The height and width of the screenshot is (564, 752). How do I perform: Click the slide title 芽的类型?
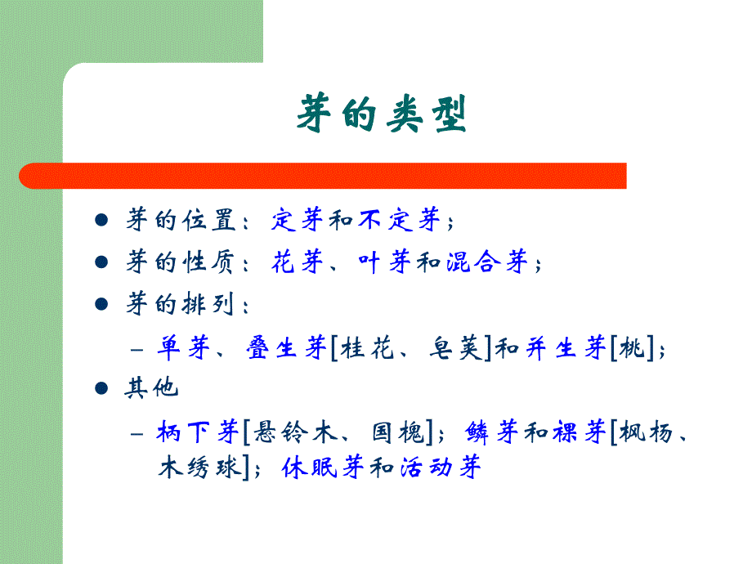pos(381,115)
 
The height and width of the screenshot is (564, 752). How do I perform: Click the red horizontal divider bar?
pos(323,176)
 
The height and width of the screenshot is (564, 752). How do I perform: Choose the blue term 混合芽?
pos(488,263)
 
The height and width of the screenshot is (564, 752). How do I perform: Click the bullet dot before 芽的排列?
pos(102,305)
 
